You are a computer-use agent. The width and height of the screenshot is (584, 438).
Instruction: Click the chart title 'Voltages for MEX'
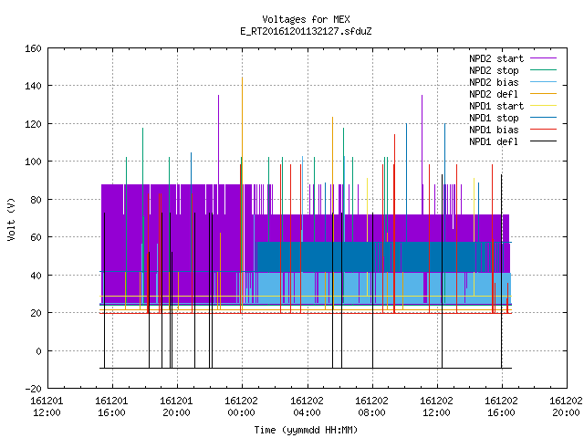click(x=306, y=19)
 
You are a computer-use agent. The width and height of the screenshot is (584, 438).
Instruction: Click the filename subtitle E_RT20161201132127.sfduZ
click(x=306, y=31)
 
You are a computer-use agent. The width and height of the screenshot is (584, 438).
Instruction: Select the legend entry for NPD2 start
click(x=496, y=58)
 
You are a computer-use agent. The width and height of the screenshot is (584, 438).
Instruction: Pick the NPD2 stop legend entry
click(x=494, y=70)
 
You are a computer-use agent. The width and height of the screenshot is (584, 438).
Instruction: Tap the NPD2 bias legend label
click(x=494, y=82)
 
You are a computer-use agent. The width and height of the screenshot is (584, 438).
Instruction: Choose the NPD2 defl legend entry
click(x=494, y=94)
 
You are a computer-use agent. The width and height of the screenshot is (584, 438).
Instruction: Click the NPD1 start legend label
click(x=496, y=106)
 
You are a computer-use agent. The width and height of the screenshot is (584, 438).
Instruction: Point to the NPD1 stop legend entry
click(x=494, y=118)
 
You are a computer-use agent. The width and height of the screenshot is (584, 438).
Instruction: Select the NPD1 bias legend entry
click(x=494, y=130)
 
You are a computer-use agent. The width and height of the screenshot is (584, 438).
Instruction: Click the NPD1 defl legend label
click(x=494, y=142)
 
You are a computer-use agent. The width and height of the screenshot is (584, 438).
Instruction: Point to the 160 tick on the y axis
click(x=33, y=48)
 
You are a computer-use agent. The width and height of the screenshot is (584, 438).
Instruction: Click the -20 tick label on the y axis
click(x=33, y=389)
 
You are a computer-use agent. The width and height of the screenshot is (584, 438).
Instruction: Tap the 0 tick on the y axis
click(x=38, y=350)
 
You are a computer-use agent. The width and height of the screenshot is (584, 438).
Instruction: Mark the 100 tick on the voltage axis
click(x=33, y=162)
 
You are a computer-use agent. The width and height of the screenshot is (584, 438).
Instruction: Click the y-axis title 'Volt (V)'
click(x=12, y=220)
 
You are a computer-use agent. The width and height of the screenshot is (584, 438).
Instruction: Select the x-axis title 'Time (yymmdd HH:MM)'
click(x=306, y=430)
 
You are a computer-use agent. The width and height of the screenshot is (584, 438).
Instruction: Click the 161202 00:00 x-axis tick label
click(x=241, y=407)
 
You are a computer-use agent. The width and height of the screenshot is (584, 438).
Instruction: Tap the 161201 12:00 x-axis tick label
click(x=47, y=407)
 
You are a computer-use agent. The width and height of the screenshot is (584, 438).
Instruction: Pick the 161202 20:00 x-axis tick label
click(x=566, y=407)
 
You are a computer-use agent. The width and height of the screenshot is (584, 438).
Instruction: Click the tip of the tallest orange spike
click(x=242, y=78)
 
